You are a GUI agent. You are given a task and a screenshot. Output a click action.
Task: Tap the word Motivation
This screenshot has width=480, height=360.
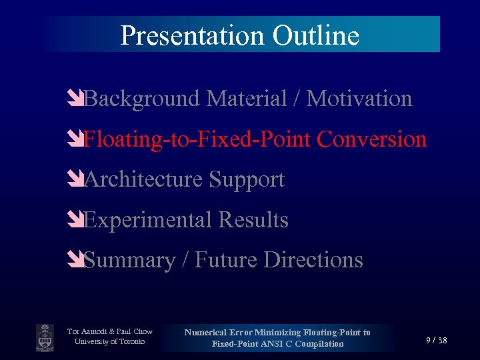(x=359, y=99)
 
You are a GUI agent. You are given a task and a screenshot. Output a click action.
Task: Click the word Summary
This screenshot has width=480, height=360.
(x=130, y=259)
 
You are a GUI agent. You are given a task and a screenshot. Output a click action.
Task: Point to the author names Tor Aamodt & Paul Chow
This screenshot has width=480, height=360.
(x=110, y=331)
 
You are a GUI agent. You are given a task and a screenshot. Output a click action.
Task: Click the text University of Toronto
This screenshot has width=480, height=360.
(x=110, y=342)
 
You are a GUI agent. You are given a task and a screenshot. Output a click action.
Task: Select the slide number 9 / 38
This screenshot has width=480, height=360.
(x=437, y=341)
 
